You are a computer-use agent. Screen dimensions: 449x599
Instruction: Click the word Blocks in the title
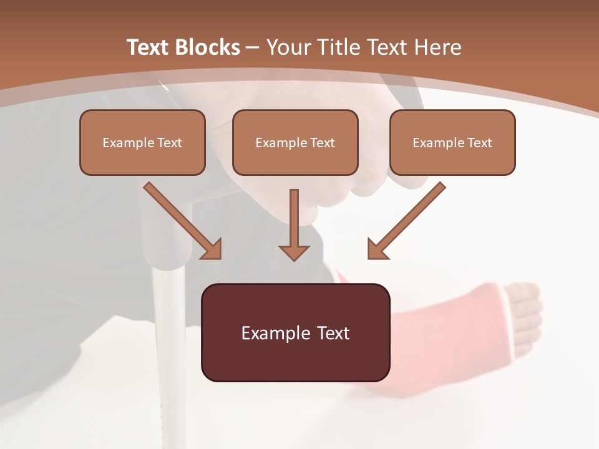(x=207, y=47)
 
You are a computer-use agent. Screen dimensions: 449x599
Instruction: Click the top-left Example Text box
(x=142, y=142)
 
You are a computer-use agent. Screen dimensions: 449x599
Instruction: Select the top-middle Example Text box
(x=295, y=142)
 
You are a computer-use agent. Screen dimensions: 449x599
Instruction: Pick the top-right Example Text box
(x=452, y=142)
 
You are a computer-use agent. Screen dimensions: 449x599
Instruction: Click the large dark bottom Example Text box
(x=295, y=332)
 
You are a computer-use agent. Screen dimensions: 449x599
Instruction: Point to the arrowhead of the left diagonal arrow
(x=212, y=249)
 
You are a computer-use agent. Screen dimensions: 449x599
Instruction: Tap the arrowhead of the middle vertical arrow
(x=294, y=253)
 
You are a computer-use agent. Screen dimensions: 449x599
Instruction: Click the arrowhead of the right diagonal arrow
(x=377, y=249)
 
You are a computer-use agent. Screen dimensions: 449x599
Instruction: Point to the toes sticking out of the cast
(x=525, y=312)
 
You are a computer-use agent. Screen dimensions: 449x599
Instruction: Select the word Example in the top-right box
(x=435, y=142)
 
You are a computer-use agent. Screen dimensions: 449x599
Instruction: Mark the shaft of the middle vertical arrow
(x=294, y=215)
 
